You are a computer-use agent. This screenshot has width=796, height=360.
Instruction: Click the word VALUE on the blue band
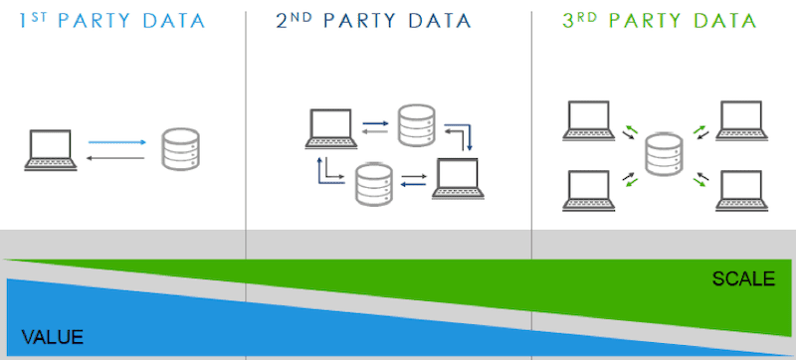pos(52,336)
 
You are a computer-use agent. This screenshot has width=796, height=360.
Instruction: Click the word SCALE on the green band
pos(742,279)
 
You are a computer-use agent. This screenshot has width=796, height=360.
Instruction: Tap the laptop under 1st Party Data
pos(50,149)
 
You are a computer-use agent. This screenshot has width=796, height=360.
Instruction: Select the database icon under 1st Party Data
pos(180,149)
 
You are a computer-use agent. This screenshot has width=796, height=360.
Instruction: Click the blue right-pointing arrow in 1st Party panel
pos(117,142)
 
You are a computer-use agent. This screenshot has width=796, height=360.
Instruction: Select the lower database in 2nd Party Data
pos(371,182)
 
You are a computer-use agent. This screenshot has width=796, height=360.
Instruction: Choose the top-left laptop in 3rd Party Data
pos(590,120)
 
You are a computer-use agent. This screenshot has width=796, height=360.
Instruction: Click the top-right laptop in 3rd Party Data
pos(741,120)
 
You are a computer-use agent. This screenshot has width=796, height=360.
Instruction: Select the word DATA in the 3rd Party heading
pos(722,21)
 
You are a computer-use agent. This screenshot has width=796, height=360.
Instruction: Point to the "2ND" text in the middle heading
pos(294,20)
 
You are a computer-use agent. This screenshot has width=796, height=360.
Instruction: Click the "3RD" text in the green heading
pos(580,20)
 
